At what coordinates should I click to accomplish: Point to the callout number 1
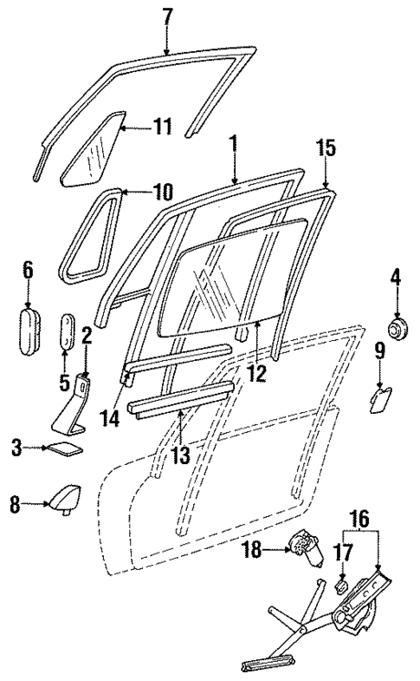coord(233,142)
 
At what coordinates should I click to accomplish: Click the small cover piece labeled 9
coord(379,401)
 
